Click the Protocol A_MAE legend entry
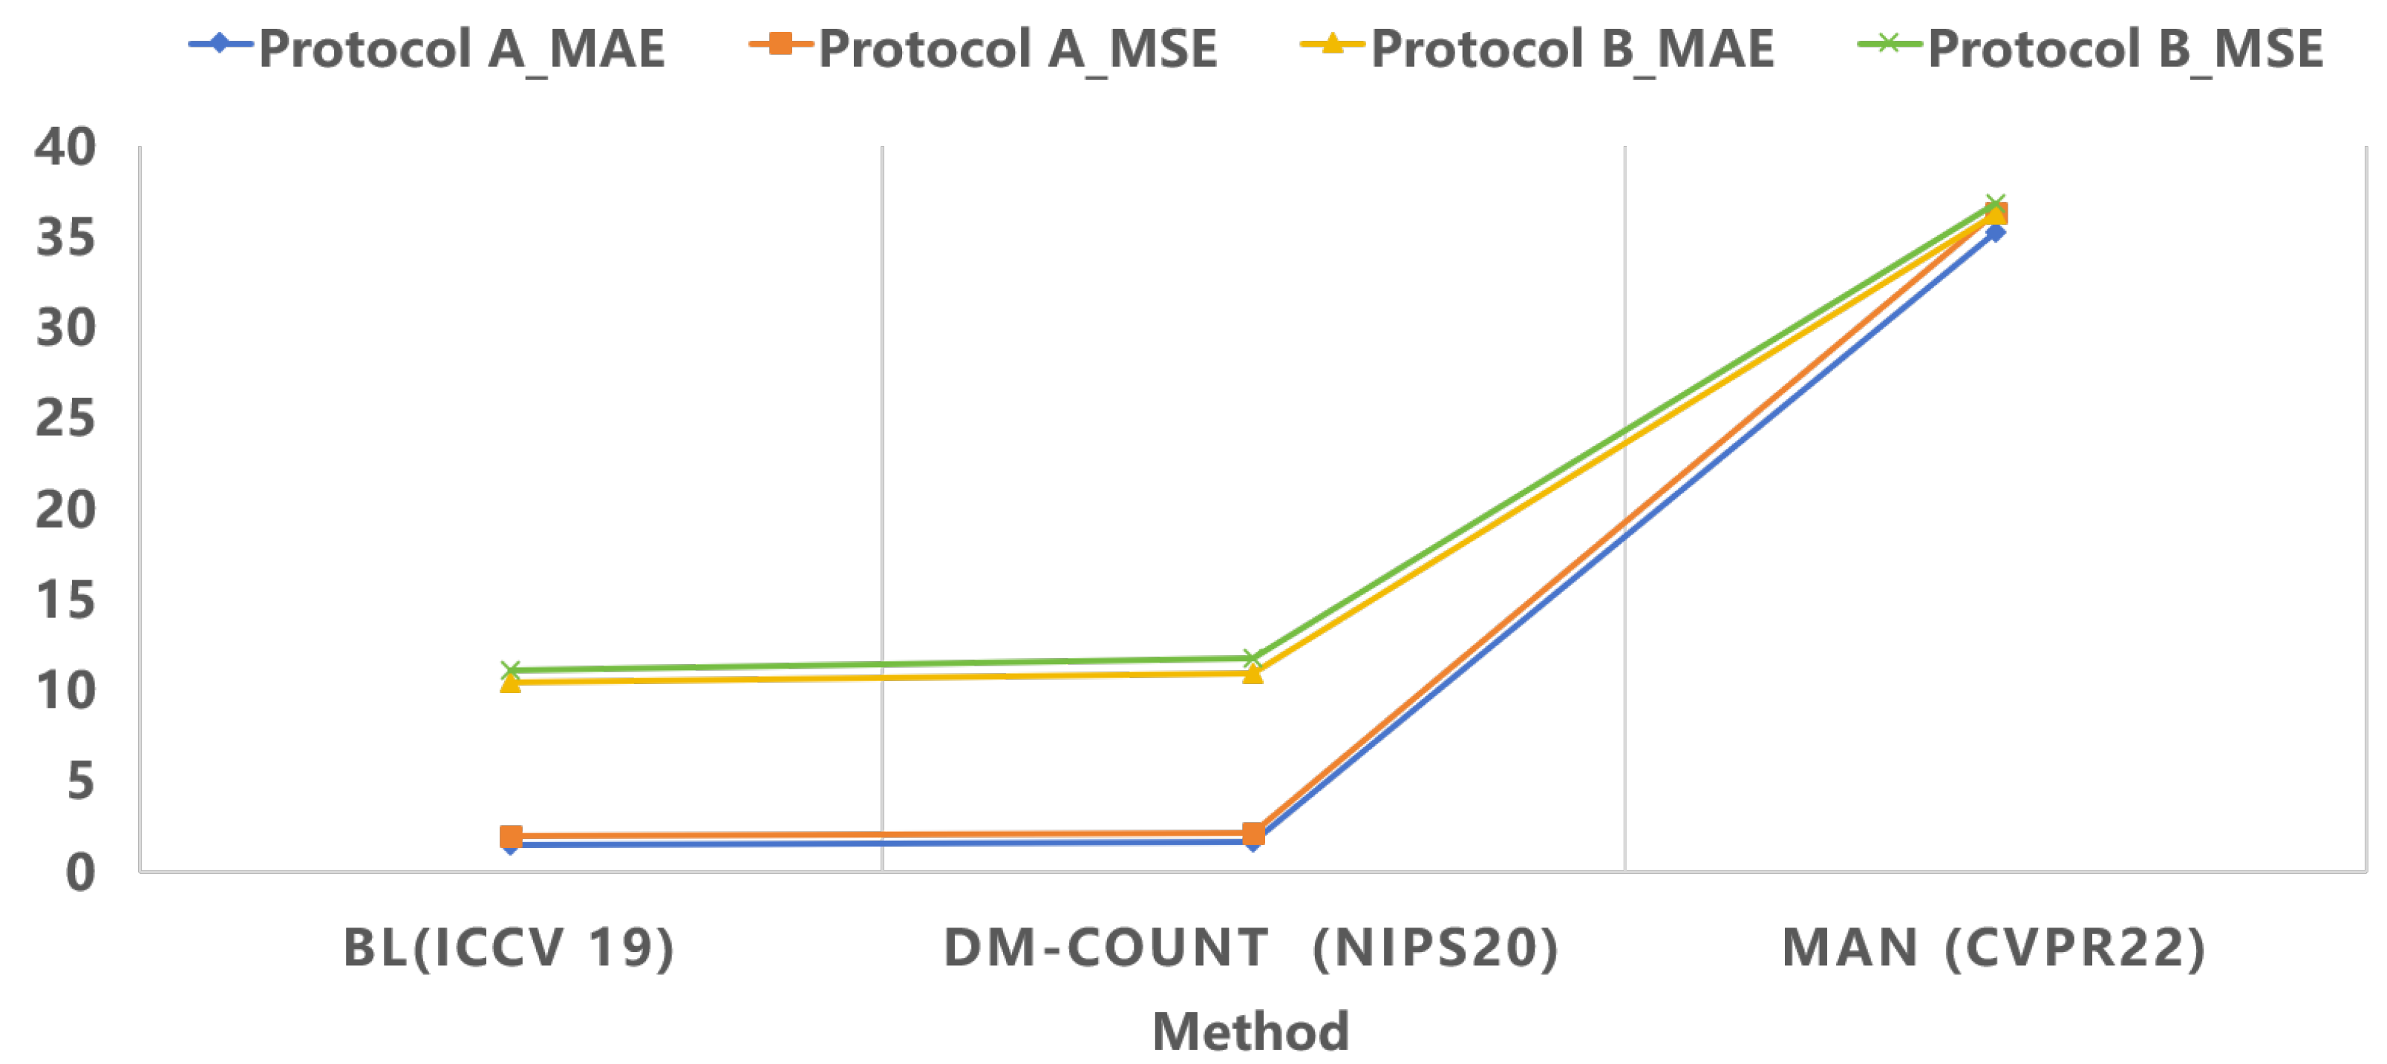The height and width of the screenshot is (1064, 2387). click(x=426, y=48)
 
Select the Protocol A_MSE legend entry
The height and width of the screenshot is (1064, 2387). click(x=983, y=48)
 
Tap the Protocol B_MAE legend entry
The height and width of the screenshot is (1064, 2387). click(x=1538, y=48)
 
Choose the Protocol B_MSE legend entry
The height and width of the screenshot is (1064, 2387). click(x=2092, y=48)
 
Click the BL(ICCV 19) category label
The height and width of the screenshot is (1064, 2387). click(x=509, y=948)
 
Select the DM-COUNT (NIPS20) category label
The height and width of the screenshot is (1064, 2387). click(x=1251, y=948)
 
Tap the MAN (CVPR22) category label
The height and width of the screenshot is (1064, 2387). click(x=1994, y=948)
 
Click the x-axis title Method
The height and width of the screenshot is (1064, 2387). click(x=1251, y=1031)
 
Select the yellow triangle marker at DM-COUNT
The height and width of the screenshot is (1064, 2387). click(x=1253, y=673)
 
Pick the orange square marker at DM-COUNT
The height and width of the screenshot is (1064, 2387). click(x=1253, y=834)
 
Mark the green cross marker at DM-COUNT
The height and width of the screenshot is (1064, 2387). click(x=1253, y=658)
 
